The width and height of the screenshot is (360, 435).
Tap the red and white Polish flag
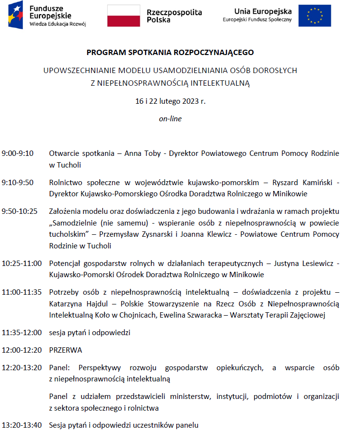pyautogui.click(x=123, y=16)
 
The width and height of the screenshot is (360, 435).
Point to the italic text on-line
pyautogui.click(x=170, y=118)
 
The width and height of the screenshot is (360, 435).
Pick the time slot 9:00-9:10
pyautogui.click(x=18, y=153)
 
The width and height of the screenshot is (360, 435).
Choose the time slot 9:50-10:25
pyautogui.click(x=19, y=211)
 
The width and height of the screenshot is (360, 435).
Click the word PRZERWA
pyautogui.click(x=65, y=350)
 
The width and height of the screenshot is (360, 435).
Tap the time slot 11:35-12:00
pyautogui.click(x=21, y=333)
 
